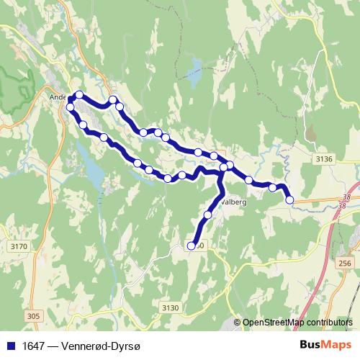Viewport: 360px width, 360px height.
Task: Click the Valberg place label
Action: tap(236, 203)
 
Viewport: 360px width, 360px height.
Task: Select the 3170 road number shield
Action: tap(19, 247)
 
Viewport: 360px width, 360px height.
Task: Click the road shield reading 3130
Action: tap(169, 307)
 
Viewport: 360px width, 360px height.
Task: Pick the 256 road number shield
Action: tap(345, 264)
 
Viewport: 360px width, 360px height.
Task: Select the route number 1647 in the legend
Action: tap(31, 346)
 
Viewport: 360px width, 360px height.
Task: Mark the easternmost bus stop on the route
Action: tap(290, 200)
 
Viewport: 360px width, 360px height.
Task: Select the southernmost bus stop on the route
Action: tap(192, 246)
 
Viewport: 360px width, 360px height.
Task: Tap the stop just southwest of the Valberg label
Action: tap(208, 215)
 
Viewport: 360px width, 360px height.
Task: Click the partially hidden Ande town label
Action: tap(57, 96)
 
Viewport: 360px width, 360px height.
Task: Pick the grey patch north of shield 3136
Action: tap(311, 134)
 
